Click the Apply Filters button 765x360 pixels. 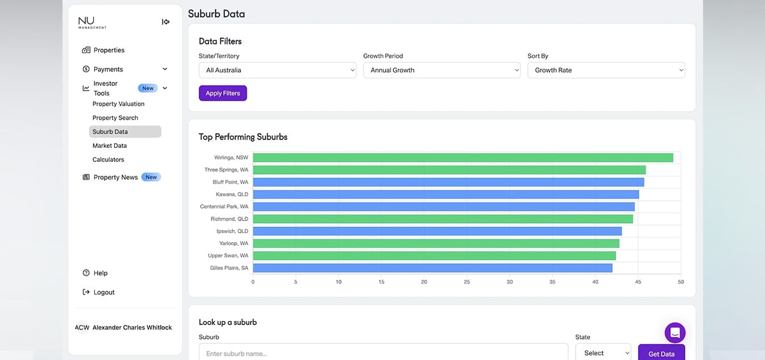point(222,93)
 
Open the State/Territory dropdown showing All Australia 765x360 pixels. point(277,70)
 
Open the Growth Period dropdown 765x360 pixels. point(442,70)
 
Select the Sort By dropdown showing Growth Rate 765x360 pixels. point(606,70)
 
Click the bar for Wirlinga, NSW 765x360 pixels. point(463,157)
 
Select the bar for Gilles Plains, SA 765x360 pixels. point(432,268)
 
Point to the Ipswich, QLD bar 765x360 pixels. point(437,231)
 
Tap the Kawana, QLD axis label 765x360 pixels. point(232,194)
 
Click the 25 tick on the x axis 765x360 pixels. point(467,282)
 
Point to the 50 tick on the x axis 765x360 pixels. point(681,282)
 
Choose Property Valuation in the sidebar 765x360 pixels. point(118,104)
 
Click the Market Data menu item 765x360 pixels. point(109,146)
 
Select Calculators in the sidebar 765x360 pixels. point(108,159)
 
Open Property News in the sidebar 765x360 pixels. point(115,177)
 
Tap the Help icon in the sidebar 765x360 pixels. point(86,273)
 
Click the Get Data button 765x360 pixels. point(661,353)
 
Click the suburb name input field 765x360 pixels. point(384,352)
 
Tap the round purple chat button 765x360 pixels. point(675,333)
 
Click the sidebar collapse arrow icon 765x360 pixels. point(166,22)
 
